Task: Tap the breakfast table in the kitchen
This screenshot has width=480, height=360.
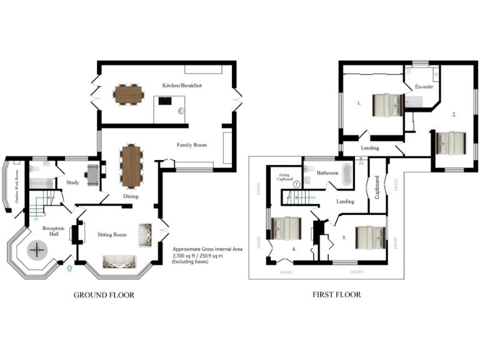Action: (x=129, y=95)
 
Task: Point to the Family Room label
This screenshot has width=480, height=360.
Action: (x=191, y=145)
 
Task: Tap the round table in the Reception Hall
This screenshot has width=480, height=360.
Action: (x=39, y=251)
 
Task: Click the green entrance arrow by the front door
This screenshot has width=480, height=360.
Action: (x=69, y=268)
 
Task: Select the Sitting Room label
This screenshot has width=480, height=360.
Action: (x=112, y=235)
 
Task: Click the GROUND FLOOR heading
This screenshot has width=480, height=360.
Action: (x=104, y=295)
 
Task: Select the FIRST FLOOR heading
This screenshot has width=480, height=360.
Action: (x=336, y=295)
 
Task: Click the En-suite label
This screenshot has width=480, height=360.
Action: (x=424, y=87)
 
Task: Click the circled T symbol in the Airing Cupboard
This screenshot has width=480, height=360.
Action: (x=296, y=184)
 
